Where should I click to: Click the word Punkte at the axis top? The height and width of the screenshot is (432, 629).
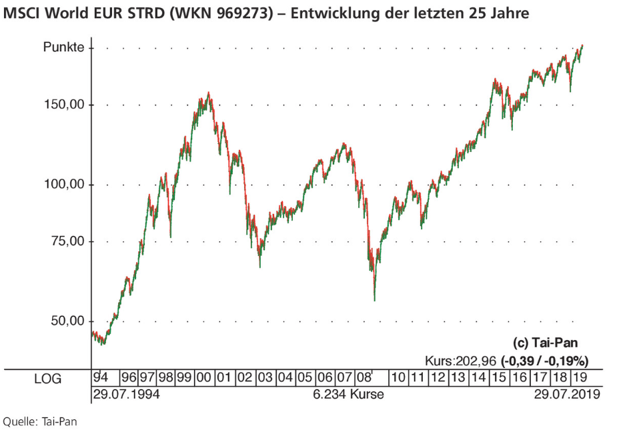pyautogui.click(x=63, y=47)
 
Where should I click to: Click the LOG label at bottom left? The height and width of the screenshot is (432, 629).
pyautogui.click(x=47, y=379)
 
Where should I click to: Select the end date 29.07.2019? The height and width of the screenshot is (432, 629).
pyautogui.click(x=567, y=395)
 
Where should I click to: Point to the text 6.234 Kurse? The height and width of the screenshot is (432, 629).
pyautogui.click(x=348, y=395)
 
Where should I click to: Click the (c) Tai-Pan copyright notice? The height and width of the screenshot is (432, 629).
pyautogui.click(x=546, y=343)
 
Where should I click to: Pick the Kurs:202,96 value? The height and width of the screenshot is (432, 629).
pyautogui.click(x=460, y=361)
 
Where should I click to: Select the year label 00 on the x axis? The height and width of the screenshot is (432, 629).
pyautogui.click(x=204, y=378)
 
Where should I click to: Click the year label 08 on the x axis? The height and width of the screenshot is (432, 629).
pyautogui.click(x=364, y=378)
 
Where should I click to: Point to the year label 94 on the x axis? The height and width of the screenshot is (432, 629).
pyautogui.click(x=101, y=378)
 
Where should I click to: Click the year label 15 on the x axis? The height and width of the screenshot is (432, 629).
pyautogui.click(x=500, y=378)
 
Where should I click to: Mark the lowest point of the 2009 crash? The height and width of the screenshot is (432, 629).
pyautogui.click(x=375, y=301)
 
